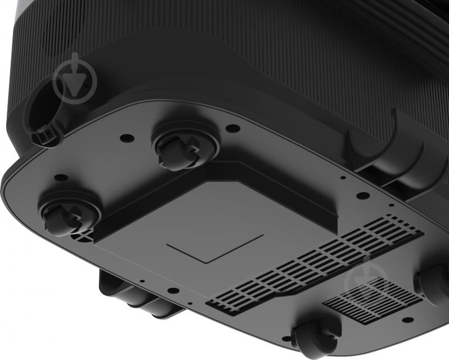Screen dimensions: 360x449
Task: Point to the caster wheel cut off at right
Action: pos(433,283)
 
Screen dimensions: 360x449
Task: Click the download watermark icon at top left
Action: pos(75,80)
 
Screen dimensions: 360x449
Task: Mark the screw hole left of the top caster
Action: pos(127,138)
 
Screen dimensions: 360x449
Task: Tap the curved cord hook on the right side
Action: pos(388,149)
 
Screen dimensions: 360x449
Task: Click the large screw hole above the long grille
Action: pos(363,195)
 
